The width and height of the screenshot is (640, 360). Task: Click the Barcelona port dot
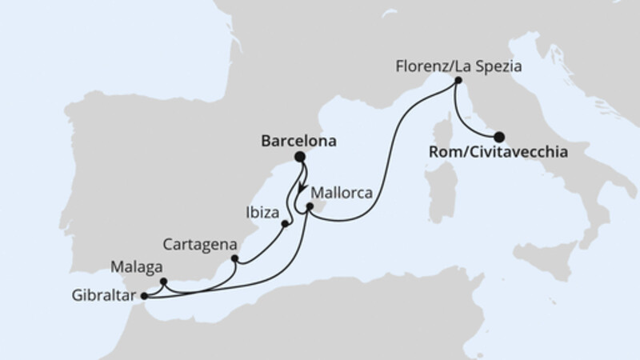300,157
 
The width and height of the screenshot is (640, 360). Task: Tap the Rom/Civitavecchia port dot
499,136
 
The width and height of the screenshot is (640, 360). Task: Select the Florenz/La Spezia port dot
458,81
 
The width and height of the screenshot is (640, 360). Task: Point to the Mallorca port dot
310,206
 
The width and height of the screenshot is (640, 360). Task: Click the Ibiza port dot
285,223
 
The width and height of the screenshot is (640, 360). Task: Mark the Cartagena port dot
234,258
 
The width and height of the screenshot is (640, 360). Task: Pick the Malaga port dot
163,281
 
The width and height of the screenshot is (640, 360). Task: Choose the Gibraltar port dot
144,297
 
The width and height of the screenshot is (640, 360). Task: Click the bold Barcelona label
298,139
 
